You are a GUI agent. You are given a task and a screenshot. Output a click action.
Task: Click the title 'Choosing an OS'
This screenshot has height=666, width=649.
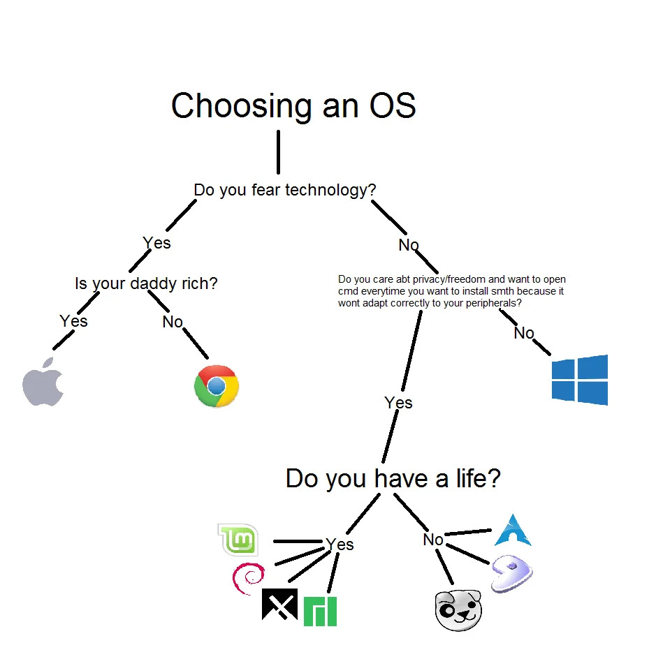(293, 106)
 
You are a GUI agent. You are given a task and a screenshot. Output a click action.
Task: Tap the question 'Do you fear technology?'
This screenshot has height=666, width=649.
(285, 190)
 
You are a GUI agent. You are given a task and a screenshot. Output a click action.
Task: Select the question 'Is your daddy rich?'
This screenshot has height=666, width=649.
(146, 284)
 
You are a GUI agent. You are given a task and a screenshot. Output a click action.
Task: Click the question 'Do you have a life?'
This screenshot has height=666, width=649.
(393, 479)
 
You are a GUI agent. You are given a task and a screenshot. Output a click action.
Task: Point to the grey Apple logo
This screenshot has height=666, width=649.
(43, 382)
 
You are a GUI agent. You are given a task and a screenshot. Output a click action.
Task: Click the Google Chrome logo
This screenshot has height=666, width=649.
(217, 385)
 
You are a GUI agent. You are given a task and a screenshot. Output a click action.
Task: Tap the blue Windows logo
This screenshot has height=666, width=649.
(579, 380)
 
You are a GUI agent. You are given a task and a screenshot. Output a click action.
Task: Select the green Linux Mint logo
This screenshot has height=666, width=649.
(238, 540)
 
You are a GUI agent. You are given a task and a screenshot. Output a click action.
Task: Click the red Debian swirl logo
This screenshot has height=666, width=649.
(248, 578)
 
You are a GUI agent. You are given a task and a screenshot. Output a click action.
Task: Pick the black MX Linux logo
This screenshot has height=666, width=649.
(279, 604)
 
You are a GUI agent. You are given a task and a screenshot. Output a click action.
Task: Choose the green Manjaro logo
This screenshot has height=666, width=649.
(320, 611)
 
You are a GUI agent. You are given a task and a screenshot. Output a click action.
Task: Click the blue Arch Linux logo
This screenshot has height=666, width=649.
(513, 531)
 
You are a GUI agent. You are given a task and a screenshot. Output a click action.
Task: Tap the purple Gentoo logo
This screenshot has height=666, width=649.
(511, 574)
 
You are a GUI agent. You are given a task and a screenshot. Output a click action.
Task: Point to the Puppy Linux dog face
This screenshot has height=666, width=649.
(458, 610)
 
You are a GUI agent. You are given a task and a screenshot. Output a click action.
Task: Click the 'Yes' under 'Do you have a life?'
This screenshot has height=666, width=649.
(340, 544)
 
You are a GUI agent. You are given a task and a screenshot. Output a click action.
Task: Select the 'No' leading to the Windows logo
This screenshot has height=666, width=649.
(524, 333)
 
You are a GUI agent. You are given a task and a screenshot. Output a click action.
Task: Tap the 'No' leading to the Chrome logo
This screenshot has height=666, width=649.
(173, 322)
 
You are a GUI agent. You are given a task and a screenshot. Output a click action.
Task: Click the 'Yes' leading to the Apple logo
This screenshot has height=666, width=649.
(73, 321)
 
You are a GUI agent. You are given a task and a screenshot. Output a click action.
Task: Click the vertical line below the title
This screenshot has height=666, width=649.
(278, 151)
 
